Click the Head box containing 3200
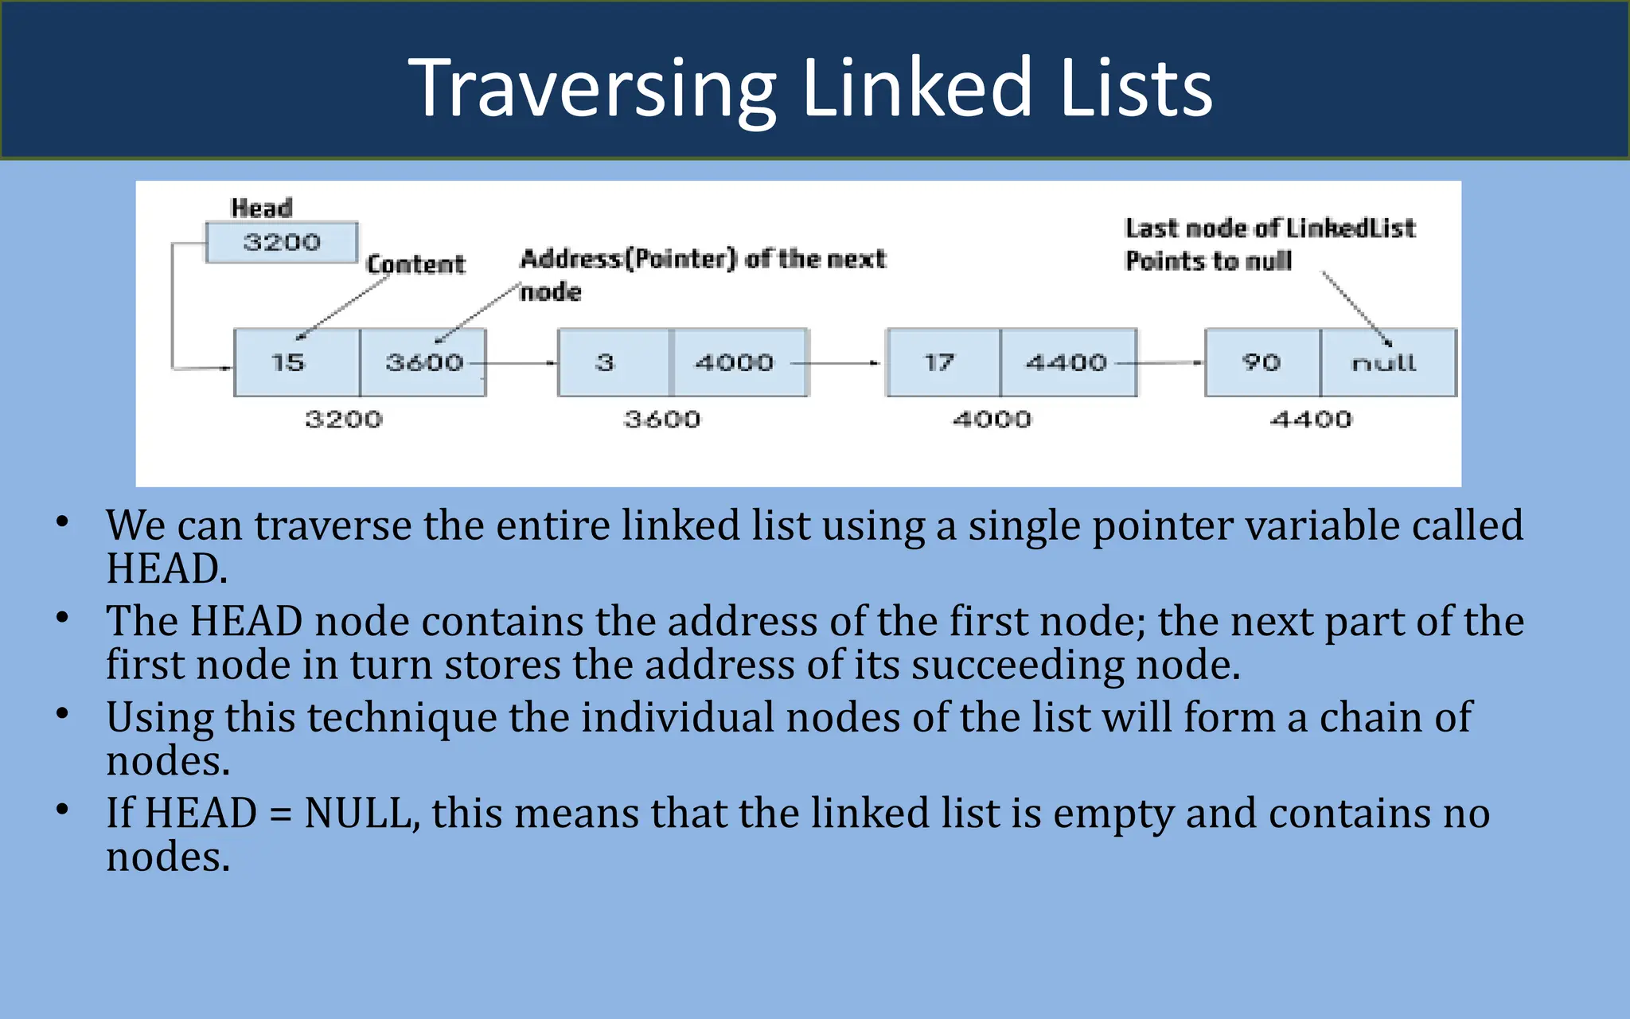[x=282, y=242]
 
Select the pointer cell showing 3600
[x=423, y=363]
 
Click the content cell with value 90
[x=1262, y=363]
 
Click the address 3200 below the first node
[x=344, y=419]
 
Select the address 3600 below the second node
[x=662, y=419]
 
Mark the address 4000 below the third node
[x=992, y=419]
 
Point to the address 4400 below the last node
[x=1311, y=419]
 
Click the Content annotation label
[x=415, y=264]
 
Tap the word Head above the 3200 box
[x=261, y=208]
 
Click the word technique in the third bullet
[x=402, y=717]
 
